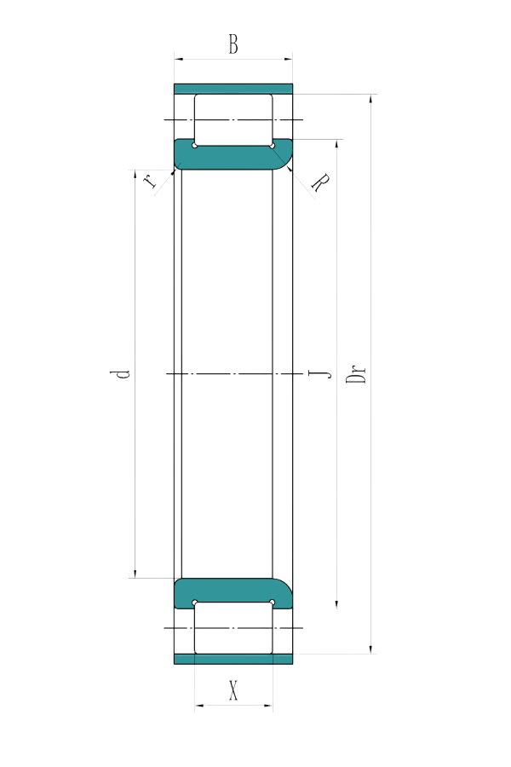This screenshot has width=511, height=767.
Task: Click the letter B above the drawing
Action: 233,44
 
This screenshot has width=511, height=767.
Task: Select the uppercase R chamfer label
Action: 320,182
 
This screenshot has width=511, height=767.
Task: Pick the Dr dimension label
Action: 359,374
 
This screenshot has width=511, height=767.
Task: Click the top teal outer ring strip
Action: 233,89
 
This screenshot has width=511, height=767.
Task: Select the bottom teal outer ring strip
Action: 233,660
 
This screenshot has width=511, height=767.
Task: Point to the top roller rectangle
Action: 233,120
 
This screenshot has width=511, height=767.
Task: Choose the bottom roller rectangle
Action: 233,628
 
